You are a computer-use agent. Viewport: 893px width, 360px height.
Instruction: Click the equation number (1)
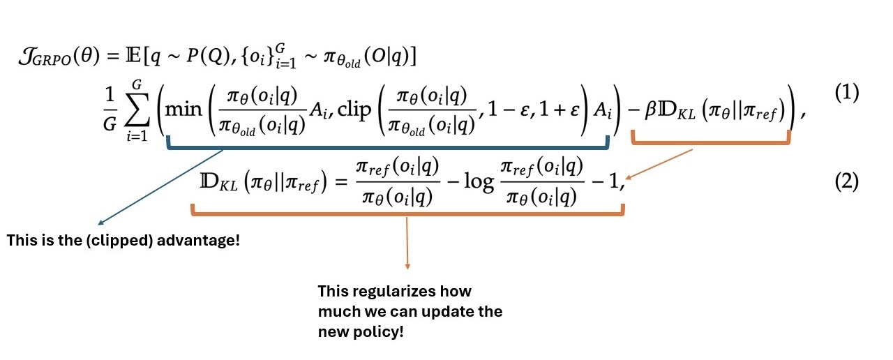click(x=846, y=93)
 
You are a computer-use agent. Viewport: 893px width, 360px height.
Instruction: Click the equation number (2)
click(x=846, y=182)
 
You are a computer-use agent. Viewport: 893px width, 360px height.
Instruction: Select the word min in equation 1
click(x=183, y=108)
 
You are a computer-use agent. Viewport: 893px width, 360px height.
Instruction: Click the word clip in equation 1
click(x=354, y=110)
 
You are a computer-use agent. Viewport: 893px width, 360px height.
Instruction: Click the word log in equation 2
click(x=479, y=183)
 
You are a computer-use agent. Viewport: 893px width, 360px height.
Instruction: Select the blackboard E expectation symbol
click(x=133, y=57)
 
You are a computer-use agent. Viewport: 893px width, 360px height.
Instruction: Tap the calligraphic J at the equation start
click(x=29, y=57)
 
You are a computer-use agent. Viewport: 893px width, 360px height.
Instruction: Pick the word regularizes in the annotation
click(x=394, y=292)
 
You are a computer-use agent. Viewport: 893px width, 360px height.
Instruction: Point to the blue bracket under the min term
click(x=387, y=147)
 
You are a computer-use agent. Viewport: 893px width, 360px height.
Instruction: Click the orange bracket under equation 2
click(x=407, y=213)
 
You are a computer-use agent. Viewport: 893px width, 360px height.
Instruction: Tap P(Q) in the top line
click(x=208, y=57)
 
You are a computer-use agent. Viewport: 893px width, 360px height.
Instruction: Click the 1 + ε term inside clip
click(x=559, y=110)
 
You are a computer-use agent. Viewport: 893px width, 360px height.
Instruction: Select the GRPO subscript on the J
click(x=55, y=61)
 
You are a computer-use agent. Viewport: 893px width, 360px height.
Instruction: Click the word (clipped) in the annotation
click(x=119, y=241)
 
